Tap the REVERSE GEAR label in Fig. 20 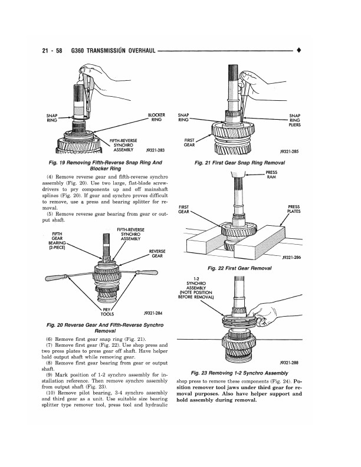coord(157,254)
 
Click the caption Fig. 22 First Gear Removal coord(243,268)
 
